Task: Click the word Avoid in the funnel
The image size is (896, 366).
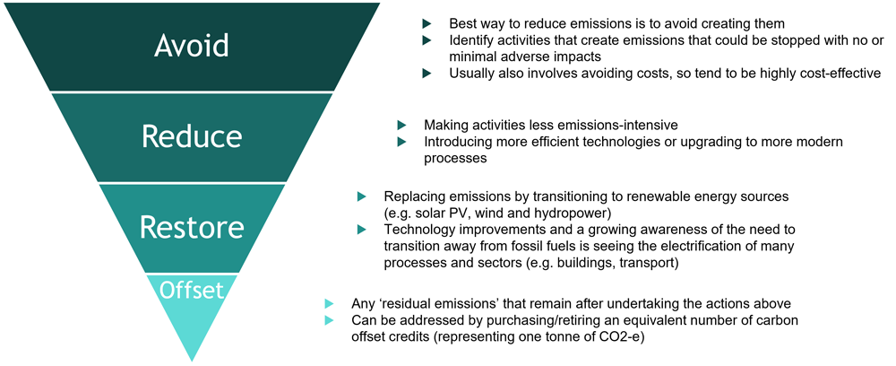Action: click(192, 45)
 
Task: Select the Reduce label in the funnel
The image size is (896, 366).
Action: click(192, 135)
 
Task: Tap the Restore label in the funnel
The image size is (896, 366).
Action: click(192, 227)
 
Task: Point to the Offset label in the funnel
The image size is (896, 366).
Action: click(192, 290)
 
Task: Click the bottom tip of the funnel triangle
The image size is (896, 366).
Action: click(192, 362)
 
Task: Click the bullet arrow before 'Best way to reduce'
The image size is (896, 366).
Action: click(426, 24)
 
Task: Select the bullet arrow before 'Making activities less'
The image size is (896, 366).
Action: click(401, 125)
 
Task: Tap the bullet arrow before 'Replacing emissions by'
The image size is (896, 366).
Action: click(361, 196)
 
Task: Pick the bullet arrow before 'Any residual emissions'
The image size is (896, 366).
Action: click(328, 303)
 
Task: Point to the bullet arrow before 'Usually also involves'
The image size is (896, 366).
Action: click(426, 74)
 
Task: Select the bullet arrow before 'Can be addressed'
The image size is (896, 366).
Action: click(328, 319)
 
